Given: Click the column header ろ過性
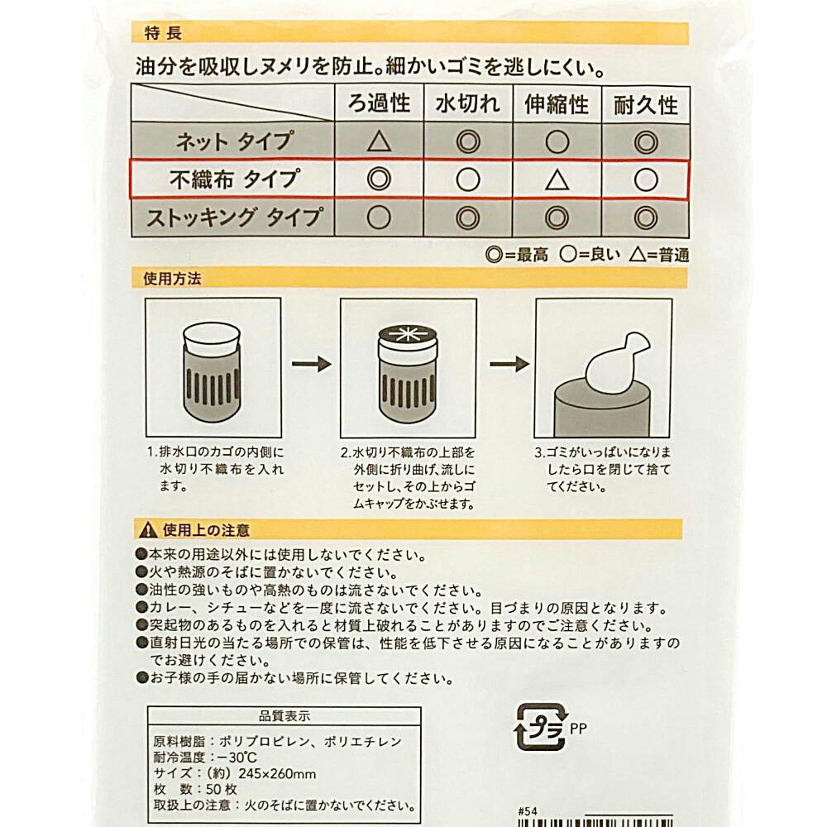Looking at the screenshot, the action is [x=379, y=103].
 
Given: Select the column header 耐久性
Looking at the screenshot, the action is [x=646, y=105].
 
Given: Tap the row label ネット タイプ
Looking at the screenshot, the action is [x=234, y=141].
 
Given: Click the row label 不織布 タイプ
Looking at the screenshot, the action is [x=235, y=179].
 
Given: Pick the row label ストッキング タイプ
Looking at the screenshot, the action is [x=234, y=218].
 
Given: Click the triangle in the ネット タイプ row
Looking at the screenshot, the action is [x=379, y=141].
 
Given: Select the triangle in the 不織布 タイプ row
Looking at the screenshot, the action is [x=557, y=180].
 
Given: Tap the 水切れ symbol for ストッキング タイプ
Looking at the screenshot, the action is [x=468, y=218].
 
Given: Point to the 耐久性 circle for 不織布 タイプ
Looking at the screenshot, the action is [x=646, y=179].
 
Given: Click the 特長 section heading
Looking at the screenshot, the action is [x=163, y=33].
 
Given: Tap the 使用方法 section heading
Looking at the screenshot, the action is [x=172, y=279].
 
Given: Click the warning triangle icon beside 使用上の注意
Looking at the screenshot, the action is [x=149, y=529].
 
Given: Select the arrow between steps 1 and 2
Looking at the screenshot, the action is [x=311, y=364].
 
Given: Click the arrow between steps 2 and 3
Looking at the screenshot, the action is [x=509, y=364].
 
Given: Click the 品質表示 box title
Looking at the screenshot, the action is [x=284, y=715].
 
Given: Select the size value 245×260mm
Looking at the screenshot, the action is [x=277, y=774].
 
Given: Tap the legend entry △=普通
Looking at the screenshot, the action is [x=659, y=256].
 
